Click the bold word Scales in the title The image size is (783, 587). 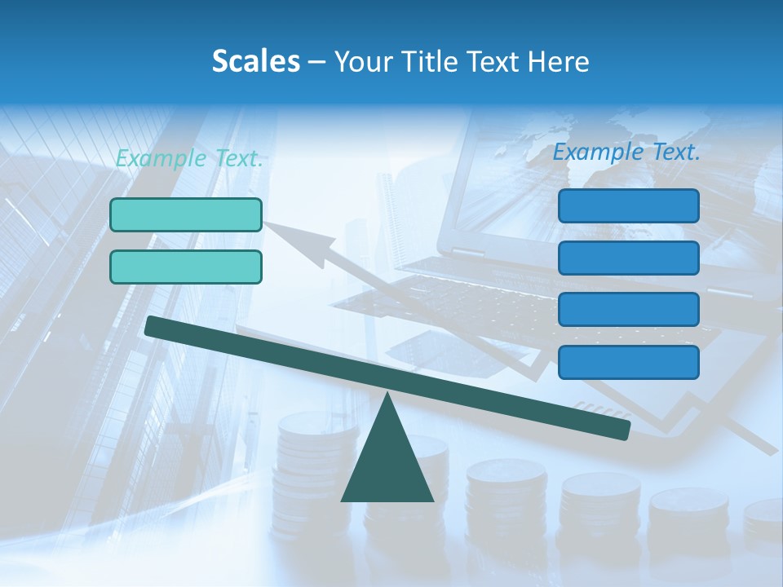[x=255, y=62]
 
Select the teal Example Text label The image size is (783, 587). [x=189, y=159]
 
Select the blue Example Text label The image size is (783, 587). [x=626, y=152]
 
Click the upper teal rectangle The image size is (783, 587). [x=186, y=214]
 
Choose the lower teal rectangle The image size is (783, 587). [x=186, y=267]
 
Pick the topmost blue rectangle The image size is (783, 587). [x=628, y=205]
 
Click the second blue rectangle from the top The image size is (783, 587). [x=628, y=258]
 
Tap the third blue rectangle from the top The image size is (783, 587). [x=628, y=310]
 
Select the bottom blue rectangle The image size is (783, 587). [x=628, y=362]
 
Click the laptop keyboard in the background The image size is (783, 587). [x=457, y=306]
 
